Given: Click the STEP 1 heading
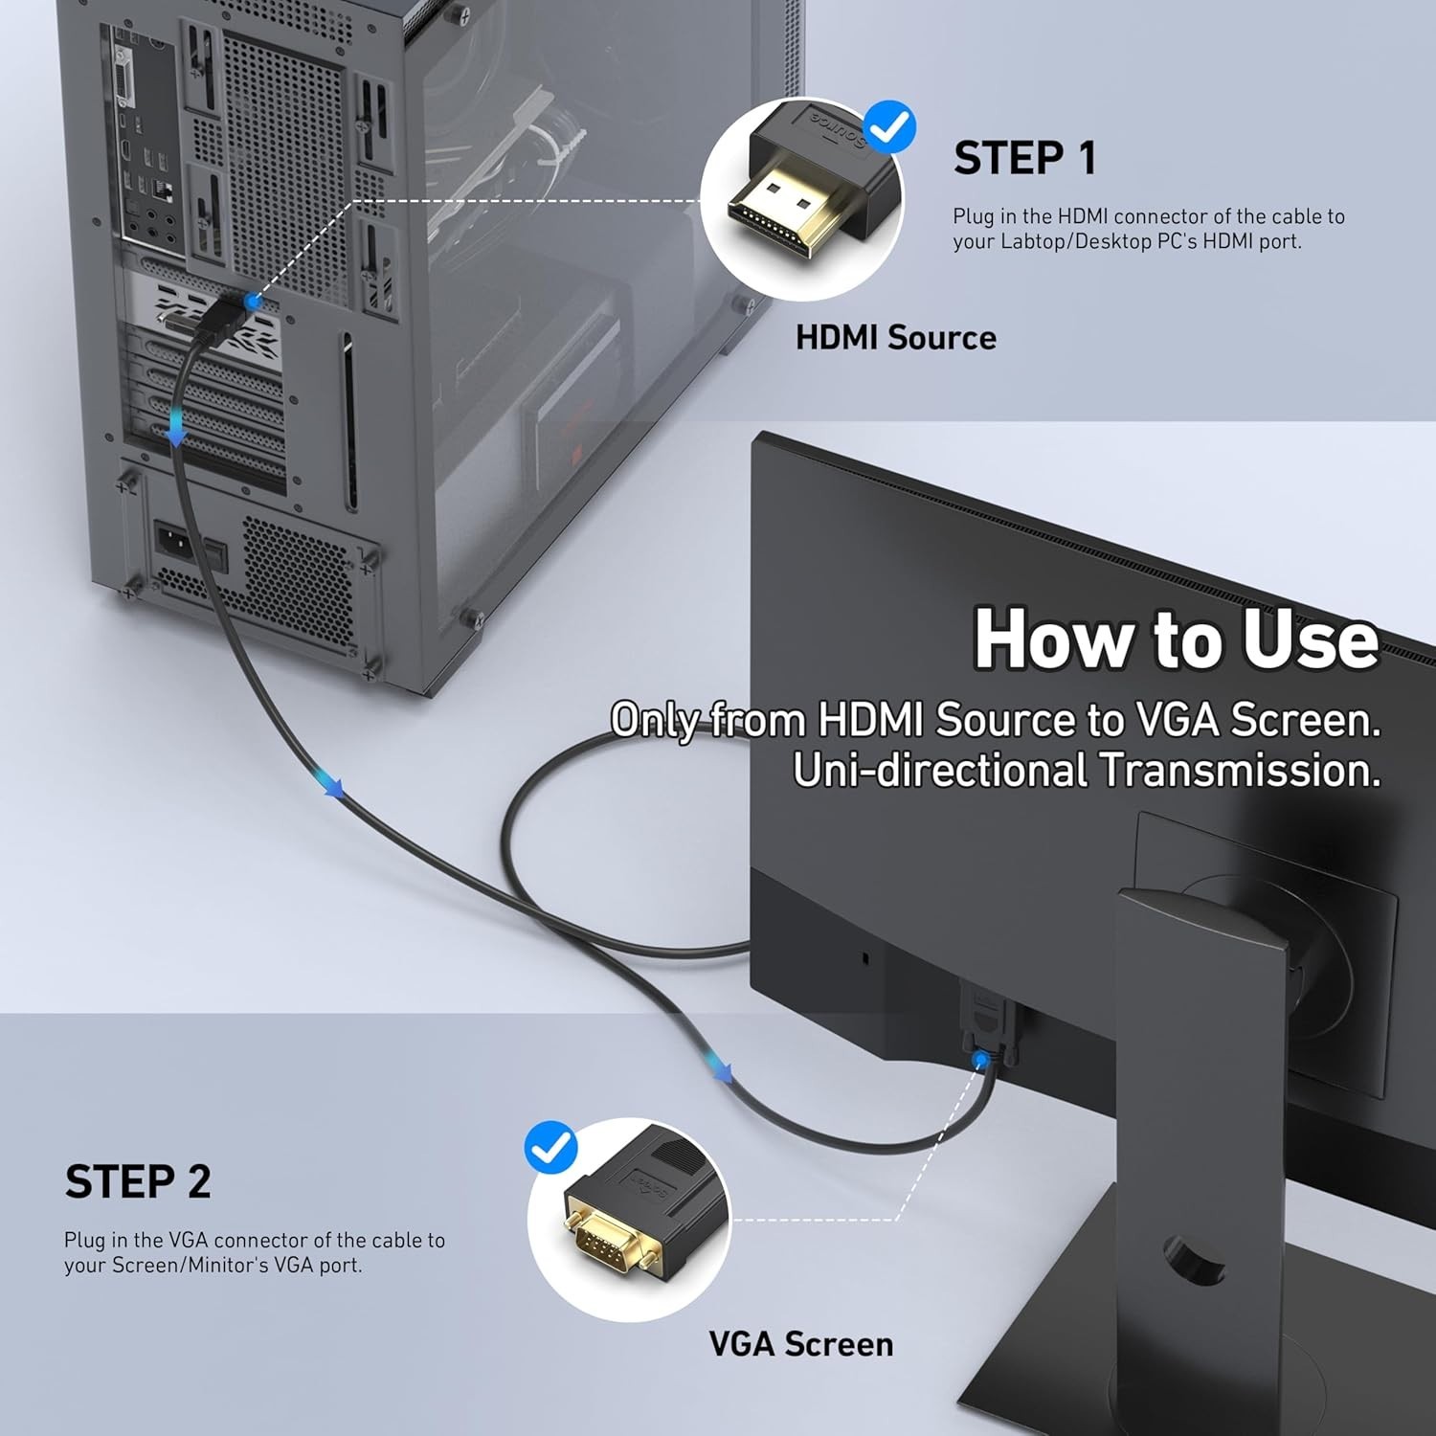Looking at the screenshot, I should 1024,158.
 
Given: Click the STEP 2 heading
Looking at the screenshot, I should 138,1182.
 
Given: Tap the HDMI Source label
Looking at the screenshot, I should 895,338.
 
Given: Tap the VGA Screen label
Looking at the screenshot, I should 800,1344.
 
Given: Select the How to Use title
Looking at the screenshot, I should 1176,639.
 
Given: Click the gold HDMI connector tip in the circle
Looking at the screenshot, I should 780,215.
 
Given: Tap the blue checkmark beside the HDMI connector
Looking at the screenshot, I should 889,125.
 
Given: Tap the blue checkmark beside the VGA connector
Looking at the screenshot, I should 550,1147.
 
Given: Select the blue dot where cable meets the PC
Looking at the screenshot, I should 253,302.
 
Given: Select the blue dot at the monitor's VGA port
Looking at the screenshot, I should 979,1061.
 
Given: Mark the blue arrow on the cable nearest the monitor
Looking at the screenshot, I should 718,1066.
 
